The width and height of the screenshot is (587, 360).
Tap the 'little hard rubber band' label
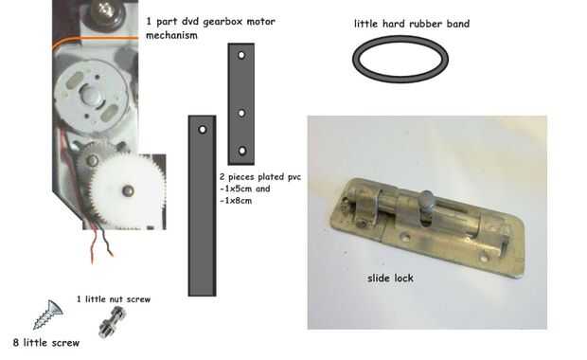point(412,24)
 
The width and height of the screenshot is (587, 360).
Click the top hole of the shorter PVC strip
point(241,55)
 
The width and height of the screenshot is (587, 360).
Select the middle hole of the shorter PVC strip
point(241,113)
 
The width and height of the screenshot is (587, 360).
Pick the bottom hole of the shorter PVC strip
point(241,151)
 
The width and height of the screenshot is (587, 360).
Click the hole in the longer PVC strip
point(203,130)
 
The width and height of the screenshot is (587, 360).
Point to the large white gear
point(127,190)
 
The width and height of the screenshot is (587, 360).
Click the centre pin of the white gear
point(128,190)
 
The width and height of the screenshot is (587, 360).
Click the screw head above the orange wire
point(104,12)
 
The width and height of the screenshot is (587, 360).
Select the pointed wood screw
point(48,315)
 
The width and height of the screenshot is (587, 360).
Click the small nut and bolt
point(112,322)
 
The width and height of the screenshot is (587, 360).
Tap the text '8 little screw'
point(46,342)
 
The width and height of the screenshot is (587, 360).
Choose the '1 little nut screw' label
point(114,299)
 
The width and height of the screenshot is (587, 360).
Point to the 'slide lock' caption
point(390,278)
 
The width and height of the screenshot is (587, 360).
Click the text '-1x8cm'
point(236,201)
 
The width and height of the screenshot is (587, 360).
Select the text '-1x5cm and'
point(245,189)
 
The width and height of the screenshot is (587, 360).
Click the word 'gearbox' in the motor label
point(222,22)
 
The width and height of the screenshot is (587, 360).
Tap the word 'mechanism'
point(171,35)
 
